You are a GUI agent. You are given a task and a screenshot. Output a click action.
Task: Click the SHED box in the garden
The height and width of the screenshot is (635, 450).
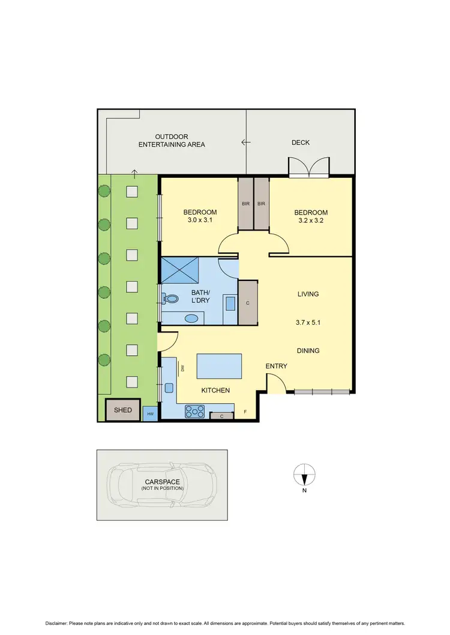pyautogui.click(x=122, y=410)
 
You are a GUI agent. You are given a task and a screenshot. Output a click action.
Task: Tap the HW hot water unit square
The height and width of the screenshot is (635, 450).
pyautogui.click(x=150, y=414)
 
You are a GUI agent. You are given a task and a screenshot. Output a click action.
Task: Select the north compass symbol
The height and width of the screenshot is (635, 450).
pyautogui.click(x=304, y=474)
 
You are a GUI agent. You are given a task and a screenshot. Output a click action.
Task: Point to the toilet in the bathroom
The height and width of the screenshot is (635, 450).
pyautogui.click(x=171, y=298)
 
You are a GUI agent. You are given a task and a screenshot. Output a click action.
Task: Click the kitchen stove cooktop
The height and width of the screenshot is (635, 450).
pyautogui.click(x=195, y=412)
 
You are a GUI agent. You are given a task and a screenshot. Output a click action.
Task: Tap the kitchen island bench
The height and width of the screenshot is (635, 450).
pyautogui.click(x=220, y=367)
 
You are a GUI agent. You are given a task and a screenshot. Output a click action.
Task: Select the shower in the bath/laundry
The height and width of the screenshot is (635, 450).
pyautogui.click(x=180, y=271)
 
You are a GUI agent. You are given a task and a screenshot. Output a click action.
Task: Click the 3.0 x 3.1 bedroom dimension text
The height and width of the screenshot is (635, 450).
pyautogui.click(x=200, y=220)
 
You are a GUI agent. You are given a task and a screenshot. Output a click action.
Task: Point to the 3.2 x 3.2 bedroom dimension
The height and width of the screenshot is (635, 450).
pyautogui.click(x=311, y=220)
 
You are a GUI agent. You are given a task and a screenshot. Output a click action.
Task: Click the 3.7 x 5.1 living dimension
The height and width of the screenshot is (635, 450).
pyautogui.click(x=308, y=322)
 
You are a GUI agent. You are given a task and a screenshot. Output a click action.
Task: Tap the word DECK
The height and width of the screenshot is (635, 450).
pyautogui.click(x=301, y=143)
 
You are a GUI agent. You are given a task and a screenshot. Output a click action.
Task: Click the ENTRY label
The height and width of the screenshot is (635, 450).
pyautogui.click(x=277, y=366)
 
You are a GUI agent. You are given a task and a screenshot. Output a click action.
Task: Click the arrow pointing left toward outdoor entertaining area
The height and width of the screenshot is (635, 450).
pyautogui.click(x=245, y=143)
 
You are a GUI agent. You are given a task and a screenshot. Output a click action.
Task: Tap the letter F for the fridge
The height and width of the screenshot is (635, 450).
pyautogui.click(x=245, y=412)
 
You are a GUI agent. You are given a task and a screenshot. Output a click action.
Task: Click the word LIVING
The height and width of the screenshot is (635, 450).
pyautogui.click(x=308, y=294)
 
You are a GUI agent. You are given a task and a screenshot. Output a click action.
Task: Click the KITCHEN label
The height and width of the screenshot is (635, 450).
pyautogui.click(x=215, y=391)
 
